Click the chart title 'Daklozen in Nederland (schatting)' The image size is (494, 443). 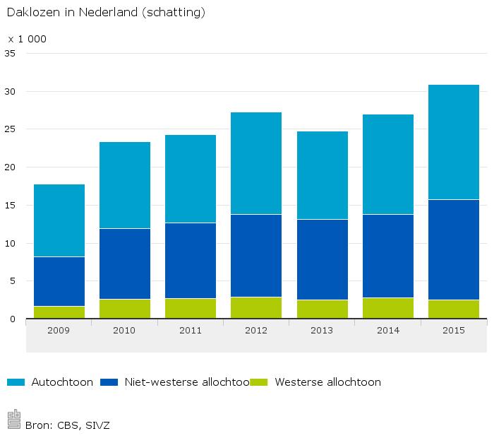tap(106, 13)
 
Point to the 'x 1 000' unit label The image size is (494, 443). tap(27, 39)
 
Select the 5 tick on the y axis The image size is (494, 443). tap(13, 281)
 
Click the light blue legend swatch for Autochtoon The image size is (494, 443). tap(16, 382)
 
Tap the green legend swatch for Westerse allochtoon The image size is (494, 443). tap(260, 382)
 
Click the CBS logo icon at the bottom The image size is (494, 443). tap(14, 420)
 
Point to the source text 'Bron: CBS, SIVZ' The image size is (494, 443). tap(67, 425)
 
